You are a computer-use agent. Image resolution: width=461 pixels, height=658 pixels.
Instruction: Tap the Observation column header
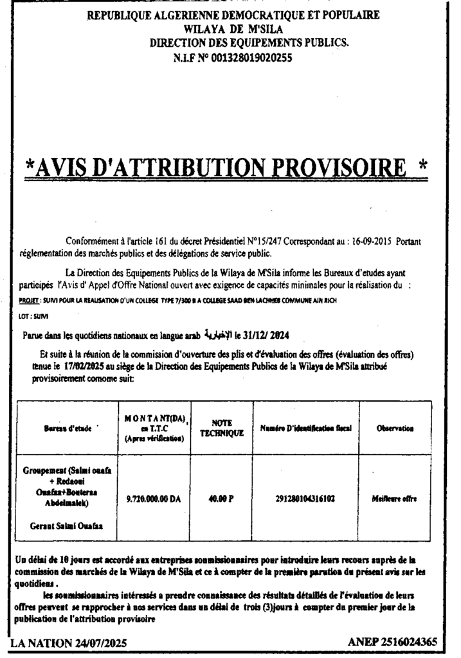(x=392, y=428)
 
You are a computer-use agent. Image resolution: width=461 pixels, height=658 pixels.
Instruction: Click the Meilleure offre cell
(x=392, y=498)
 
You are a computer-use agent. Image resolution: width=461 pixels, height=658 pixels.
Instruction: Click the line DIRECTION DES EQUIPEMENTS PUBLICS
(x=249, y=42)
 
